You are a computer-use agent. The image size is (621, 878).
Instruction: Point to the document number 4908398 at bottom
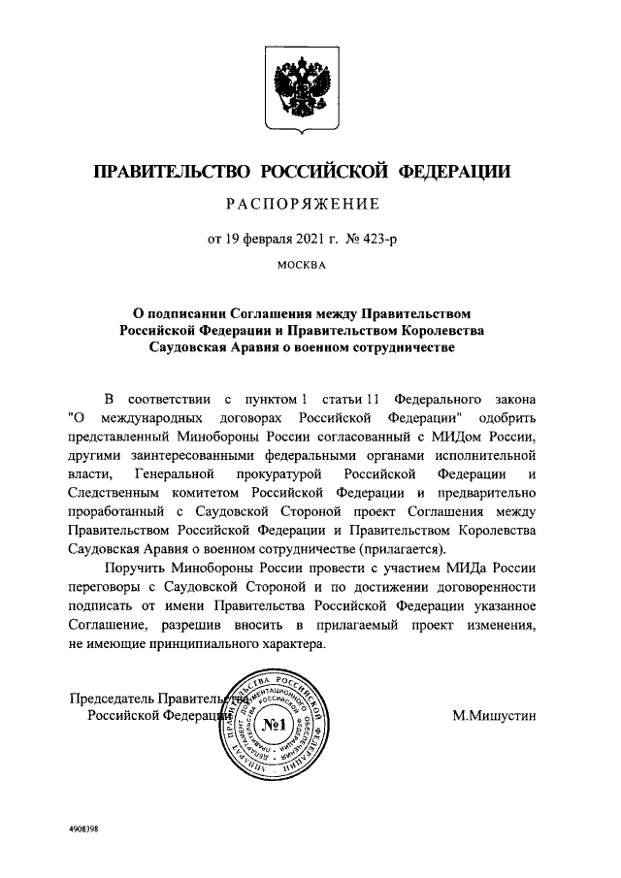click(x=84, y=829)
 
